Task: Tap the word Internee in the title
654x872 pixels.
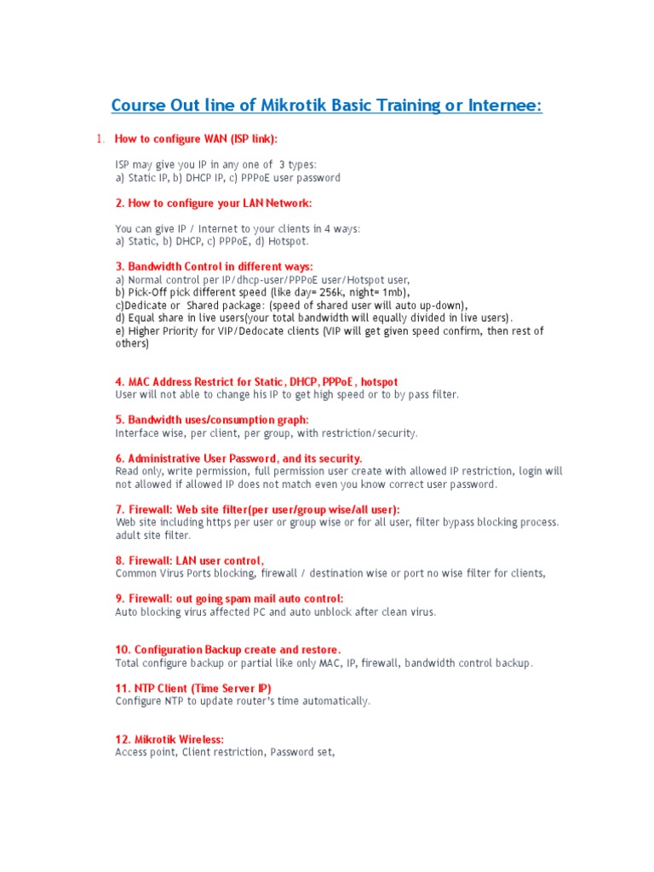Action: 500,106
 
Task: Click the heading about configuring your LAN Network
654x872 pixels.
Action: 213,203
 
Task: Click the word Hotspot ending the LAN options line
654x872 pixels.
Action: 287,241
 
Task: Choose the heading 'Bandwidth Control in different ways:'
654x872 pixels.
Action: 214,267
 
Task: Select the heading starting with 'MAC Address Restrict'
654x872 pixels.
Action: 256,381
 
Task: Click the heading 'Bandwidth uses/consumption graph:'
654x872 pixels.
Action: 212,420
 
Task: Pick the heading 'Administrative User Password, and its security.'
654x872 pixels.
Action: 238,458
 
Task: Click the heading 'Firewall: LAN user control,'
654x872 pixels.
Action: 189,560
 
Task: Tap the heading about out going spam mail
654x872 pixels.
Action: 229,599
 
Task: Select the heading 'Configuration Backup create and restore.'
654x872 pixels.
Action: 227,650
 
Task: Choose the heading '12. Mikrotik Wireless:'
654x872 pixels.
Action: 169,739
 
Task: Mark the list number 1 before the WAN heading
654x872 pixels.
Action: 99,139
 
